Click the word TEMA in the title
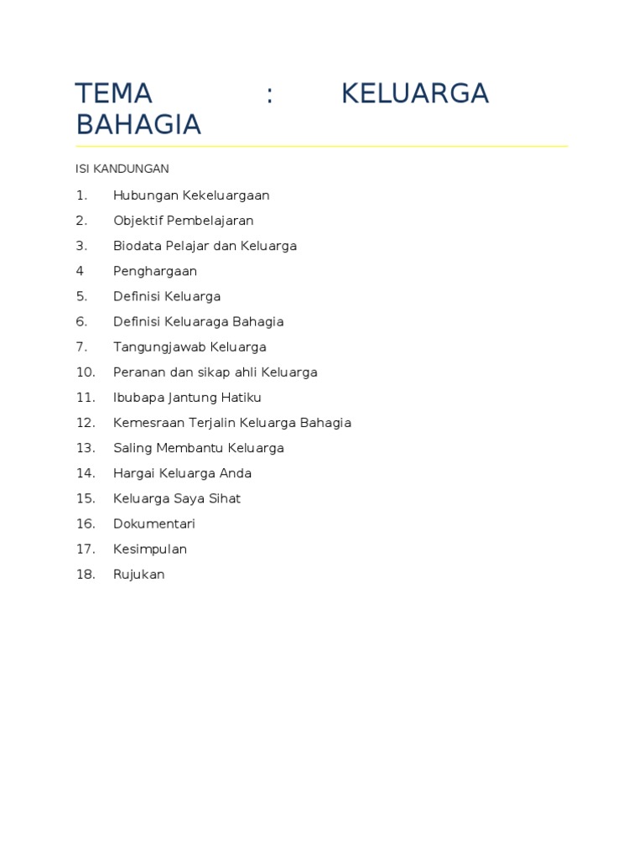[113, 93]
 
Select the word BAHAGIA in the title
[138, 124]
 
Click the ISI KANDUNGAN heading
[122, 169]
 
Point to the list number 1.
[81, 195]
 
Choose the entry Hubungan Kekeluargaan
[191, 195]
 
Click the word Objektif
[138, 221]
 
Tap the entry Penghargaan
[155, 271]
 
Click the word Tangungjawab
[159, 347]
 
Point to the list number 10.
[86, 372]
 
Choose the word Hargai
[132, 473]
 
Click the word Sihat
[224, 498]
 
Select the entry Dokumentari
[154, 523]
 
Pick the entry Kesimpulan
[150, 549]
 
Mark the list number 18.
[86, 575]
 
